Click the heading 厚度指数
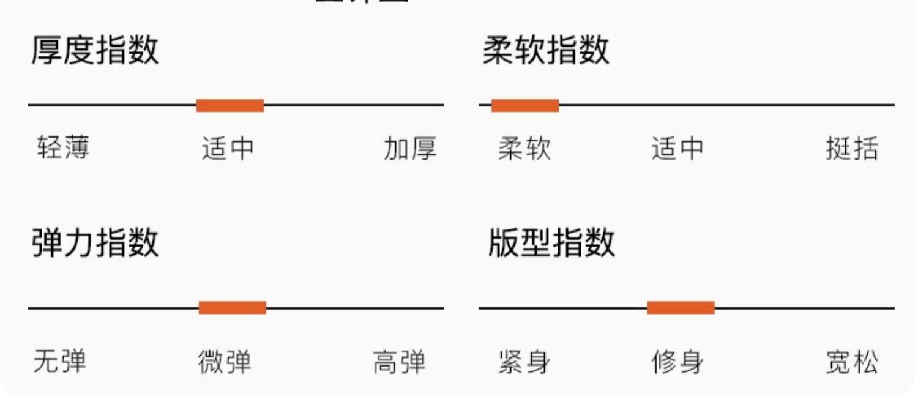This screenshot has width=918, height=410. tap(95, 50)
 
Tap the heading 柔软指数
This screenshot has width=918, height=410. tap(546, 50)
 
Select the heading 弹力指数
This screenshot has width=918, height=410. tap(95, 242)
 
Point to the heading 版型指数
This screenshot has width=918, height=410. tap(551, 242)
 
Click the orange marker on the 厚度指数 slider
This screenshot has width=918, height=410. tap(230, 105)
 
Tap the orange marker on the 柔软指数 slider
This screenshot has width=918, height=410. tap(525, 105)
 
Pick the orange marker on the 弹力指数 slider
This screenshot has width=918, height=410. tap(233, 307)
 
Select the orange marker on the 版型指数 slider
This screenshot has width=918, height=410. tap(681, 307)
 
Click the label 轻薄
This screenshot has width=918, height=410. tap(63, 148)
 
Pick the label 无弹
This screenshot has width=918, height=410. tap(60, 361)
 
